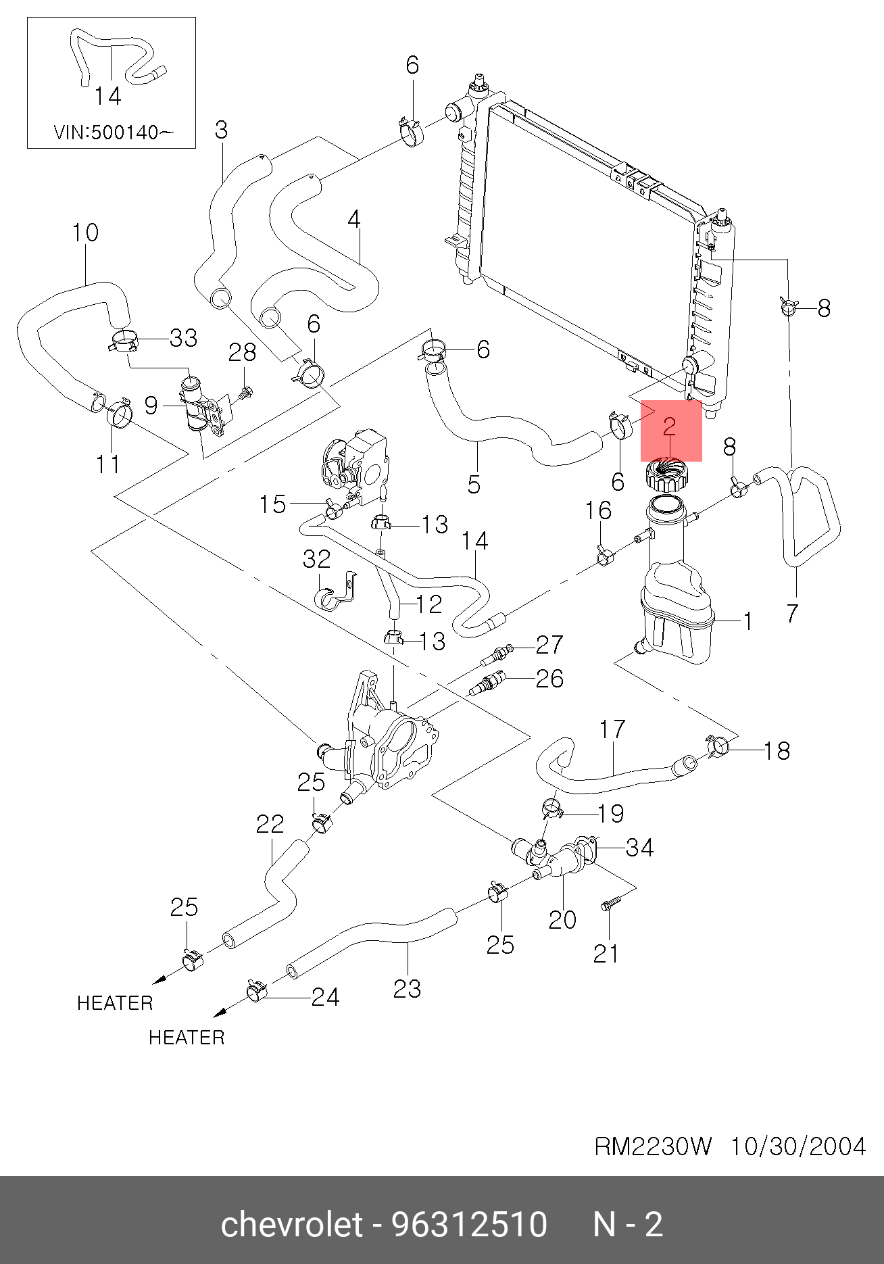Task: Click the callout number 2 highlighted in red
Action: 669,426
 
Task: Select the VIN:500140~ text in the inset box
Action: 113,132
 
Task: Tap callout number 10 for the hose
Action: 86,233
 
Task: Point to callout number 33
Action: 183,338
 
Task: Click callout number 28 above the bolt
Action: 242,352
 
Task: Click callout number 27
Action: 549,645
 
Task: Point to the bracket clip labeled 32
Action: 337,592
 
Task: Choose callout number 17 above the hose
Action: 612,729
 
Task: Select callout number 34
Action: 639,848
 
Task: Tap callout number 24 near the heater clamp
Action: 325,997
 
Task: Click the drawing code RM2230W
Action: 653,1146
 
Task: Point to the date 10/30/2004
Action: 798,1146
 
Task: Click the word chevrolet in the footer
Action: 292,1224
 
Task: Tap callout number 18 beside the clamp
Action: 777,750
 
